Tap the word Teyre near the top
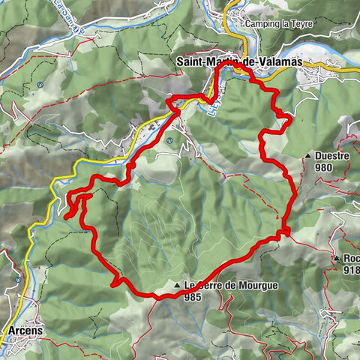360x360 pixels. click(303, 24)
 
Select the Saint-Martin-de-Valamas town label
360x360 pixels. click(238, 62)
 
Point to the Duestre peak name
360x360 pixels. click(333, 157)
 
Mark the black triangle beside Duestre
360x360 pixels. click(308, 156)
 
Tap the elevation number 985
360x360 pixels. click(192, 295)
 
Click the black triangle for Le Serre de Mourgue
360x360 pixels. click(177, 286)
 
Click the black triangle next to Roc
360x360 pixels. click(337, 258)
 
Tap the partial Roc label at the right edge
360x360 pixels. click(352, 259)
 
